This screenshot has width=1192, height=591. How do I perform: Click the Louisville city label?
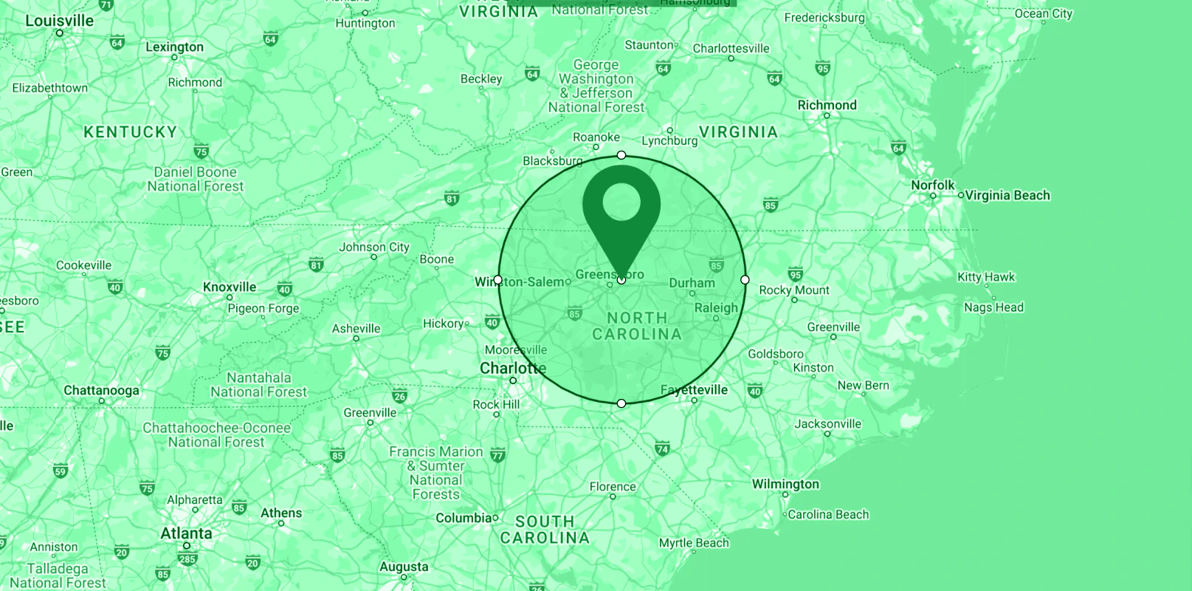pyautogui.click(x=59, y=21)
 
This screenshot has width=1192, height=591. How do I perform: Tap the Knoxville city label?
pyautogui.click(x=230, y=287)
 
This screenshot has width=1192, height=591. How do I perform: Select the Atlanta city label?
pyautogui.click(x=186, y=533)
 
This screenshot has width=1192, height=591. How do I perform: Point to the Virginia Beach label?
pyautogui.click(x=1007, y=195)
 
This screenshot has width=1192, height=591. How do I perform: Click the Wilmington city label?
pyautogui.click(x=785, y=484)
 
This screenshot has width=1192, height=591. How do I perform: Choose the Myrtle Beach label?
pyautogui.click(x=694, y=543)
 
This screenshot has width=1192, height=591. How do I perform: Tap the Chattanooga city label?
pyautogui.click(x=101, y=390)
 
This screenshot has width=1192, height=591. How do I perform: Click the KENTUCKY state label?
pyautogui.click(x=131, y=132)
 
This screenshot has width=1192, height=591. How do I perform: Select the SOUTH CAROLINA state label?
pyautogui.click(x=545, y=530)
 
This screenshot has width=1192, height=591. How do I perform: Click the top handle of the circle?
pyautogui.click(x=621, y=155)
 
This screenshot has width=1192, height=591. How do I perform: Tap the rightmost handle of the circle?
pyautogui.click(x=745, y=280)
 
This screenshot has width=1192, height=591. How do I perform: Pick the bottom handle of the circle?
pyautogui.click(x=621, y=403)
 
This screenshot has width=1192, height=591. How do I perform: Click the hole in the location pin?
pyautogui.click(x=621, y=201)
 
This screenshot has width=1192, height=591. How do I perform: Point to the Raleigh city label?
pyautogui.click(x=716, y=308)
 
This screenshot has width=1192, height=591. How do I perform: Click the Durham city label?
pyautogui.click(x=692, y=283)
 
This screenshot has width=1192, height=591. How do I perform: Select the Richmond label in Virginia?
pyautogui.click(x=827, y=105)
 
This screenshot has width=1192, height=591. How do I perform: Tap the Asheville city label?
pyautogui.click(x=356, y=329)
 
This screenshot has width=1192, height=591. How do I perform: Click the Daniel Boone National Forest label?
pyautogui.click(x=195, y=180)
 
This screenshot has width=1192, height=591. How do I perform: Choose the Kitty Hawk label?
pyautogui.click(x=986, y=277)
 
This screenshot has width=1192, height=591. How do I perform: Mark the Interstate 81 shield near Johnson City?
pyautogui.click(x=316, y=264)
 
